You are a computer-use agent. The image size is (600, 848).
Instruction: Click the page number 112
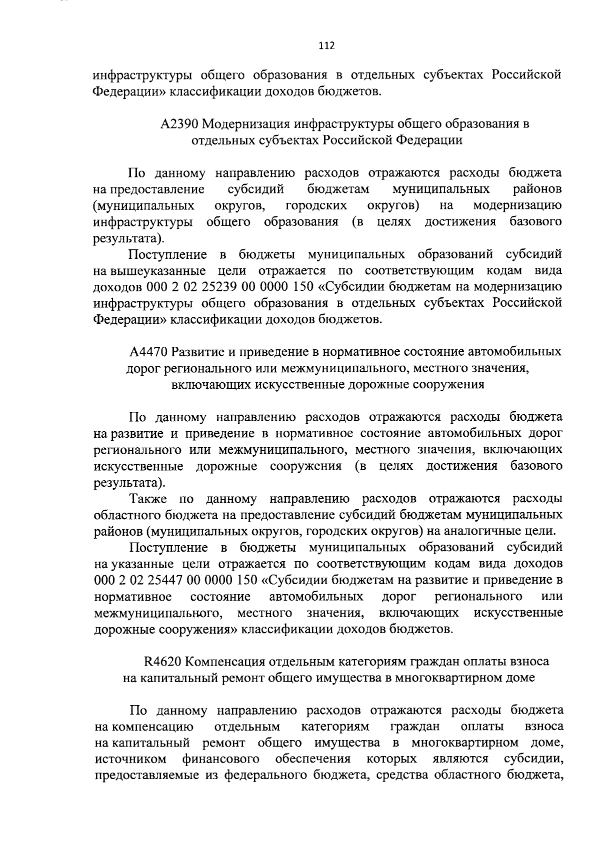[x=326, y=46]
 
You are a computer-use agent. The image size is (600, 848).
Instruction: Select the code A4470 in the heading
[x=148, y=352]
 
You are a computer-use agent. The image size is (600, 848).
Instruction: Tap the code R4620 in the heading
[x=162, y=662]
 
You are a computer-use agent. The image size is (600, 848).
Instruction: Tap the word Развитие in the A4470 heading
[x=196, y=352]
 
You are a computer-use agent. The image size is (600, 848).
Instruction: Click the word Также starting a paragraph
[x=147, y=499]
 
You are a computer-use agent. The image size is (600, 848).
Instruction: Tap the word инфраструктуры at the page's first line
[x=141, y=75]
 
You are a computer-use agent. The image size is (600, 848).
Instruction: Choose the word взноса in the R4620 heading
[x=531, y=662]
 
